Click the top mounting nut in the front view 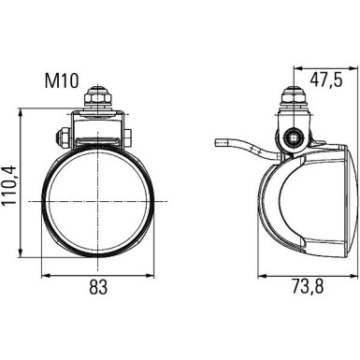point(96,97)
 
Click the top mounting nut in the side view point(293,98)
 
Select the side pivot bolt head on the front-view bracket point(61,139)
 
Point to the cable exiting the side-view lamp point(238,148)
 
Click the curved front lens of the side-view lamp point(271,210)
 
